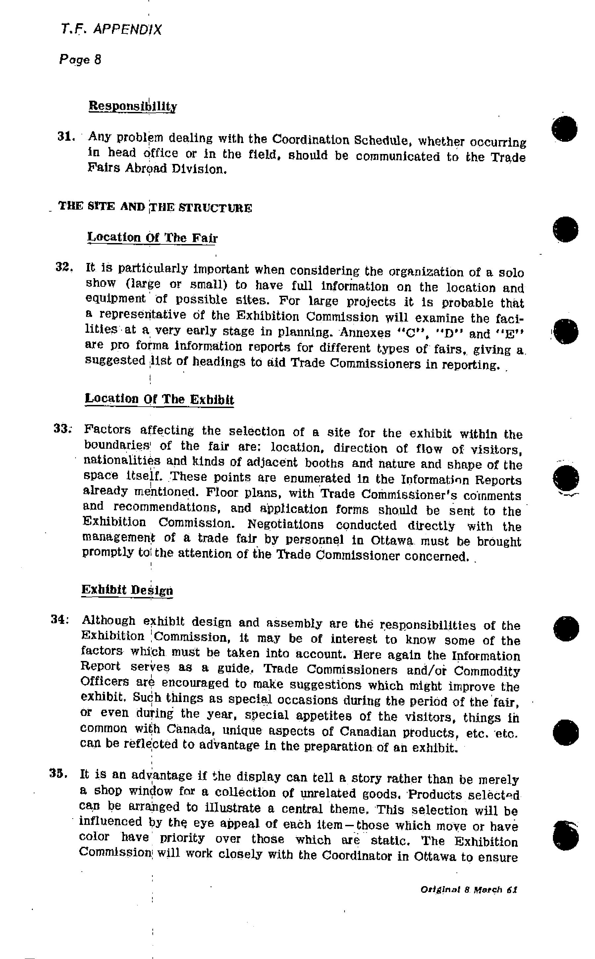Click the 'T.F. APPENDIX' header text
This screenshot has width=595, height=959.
pos(111,29)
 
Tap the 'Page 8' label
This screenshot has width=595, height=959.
pos(80,60)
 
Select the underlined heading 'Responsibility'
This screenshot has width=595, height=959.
pos(133,106)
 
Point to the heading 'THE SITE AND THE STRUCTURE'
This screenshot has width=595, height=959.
pos(155,207)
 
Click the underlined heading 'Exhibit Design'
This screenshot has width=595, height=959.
pos(127,590)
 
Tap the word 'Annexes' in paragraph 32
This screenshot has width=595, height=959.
pos(365,333)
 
